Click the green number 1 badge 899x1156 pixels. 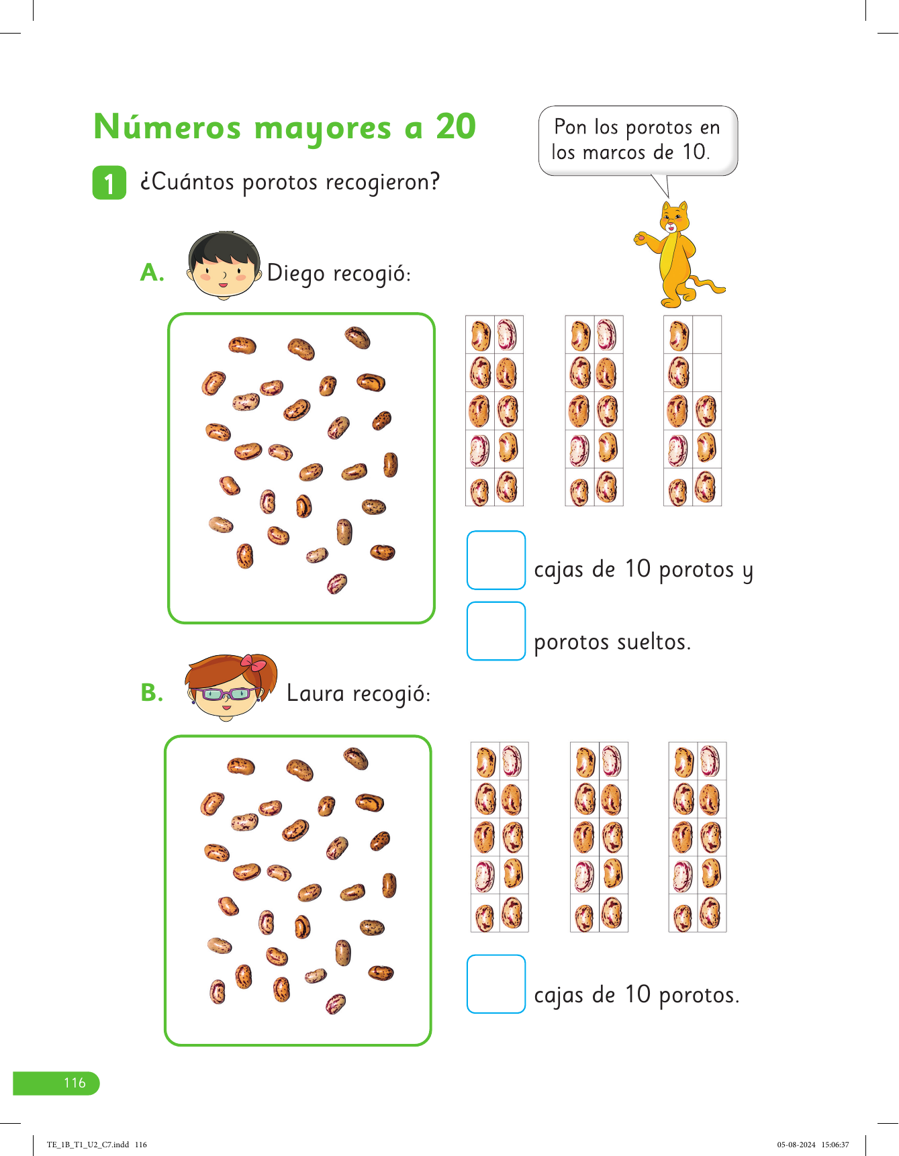(109, 183)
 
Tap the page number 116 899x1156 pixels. (75, 1083)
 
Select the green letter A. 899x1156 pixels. (152, 273)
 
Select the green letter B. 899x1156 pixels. (152, 693)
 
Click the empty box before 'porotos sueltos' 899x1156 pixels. (496, 631)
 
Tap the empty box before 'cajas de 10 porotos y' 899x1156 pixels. (496, 560)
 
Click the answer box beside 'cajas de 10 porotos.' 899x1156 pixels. (496, 983)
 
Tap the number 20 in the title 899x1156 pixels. (456, 126)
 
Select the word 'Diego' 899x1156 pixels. (297, 274)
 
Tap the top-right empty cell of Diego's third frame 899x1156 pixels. (707, 334)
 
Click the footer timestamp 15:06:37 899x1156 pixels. (835, 1145)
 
